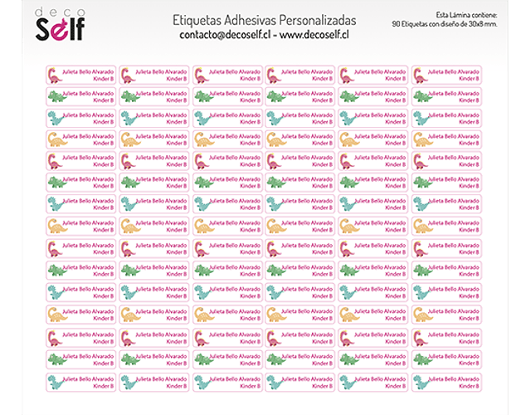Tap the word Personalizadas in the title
point(320,19)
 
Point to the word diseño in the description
point(462,24)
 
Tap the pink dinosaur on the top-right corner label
point(421,75)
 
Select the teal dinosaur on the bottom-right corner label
point(421,381)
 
